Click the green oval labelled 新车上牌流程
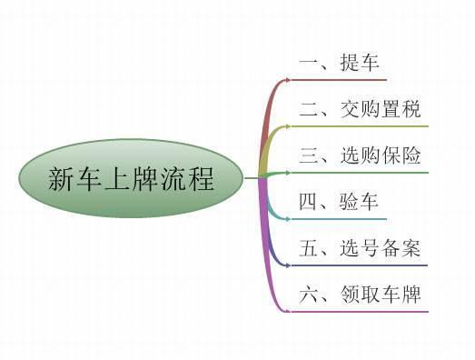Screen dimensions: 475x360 pos(132,178)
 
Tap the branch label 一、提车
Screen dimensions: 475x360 pos(337,63)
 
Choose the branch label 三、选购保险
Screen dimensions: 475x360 pos(360,155)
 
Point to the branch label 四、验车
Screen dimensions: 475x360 pos(337,202)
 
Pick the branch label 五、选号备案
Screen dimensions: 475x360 pos(360,248)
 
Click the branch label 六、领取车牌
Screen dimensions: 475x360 pos(360,295)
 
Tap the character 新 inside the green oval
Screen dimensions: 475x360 pos(62,179)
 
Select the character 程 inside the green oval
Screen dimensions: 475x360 pos(202,179)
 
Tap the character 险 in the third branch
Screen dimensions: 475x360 pos(411,155)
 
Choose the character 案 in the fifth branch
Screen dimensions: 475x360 pos(411,248)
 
